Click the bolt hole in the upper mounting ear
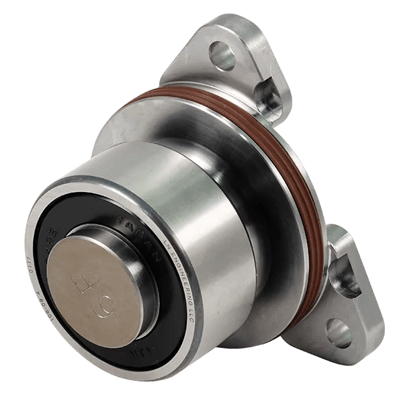(221, 56)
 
